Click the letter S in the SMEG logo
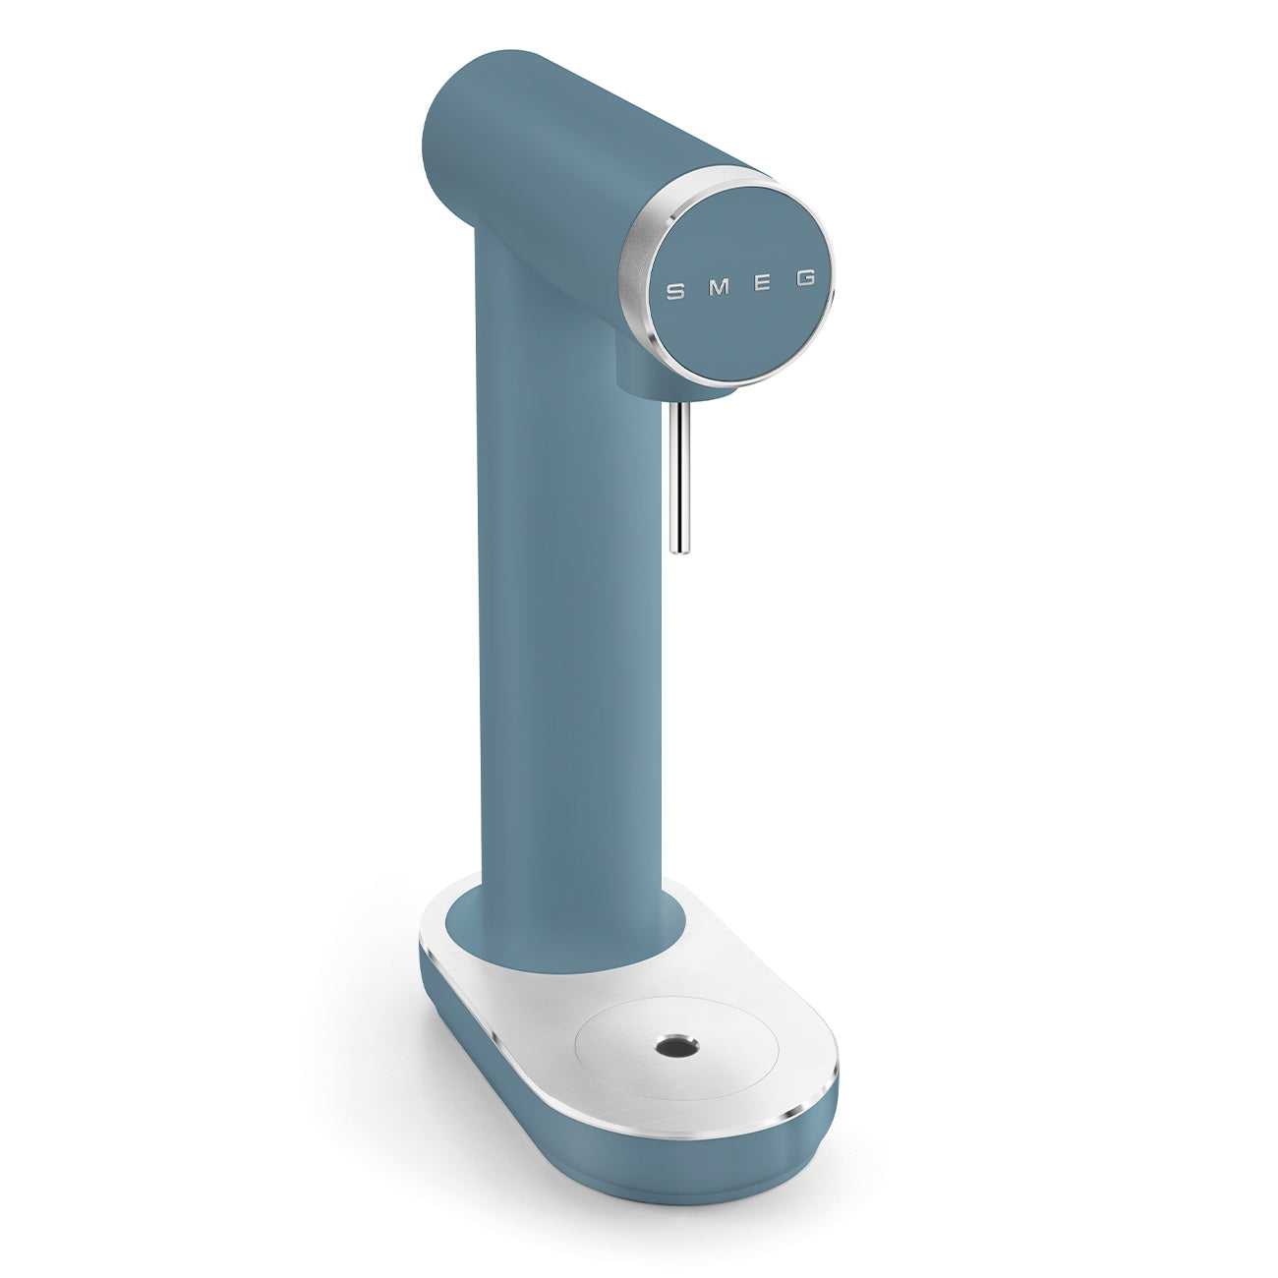675,291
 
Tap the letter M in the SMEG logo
721,288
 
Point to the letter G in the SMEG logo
806,279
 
